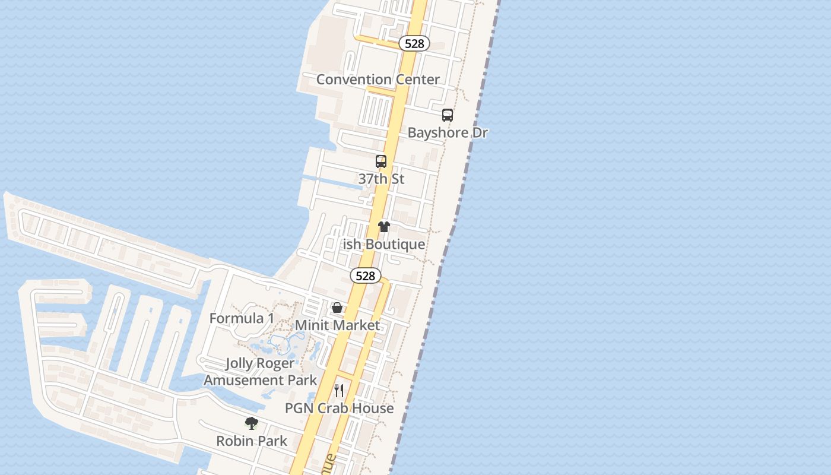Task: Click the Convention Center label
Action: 378,80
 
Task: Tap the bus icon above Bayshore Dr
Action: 448,115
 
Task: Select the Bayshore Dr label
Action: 448,132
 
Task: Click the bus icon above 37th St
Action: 381,161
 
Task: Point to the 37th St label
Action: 381,179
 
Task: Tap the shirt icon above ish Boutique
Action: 384,227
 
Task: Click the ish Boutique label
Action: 384,244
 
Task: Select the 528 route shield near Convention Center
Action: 414,43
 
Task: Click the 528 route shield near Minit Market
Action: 365,275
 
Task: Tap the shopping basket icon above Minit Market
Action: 337,308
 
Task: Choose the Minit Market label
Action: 337,325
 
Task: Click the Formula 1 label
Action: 242,318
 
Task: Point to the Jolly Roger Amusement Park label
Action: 260,372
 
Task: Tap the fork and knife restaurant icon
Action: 339,391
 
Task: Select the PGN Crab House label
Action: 339,408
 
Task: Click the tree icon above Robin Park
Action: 252,423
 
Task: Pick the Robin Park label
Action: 252,441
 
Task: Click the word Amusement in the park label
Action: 245,380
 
